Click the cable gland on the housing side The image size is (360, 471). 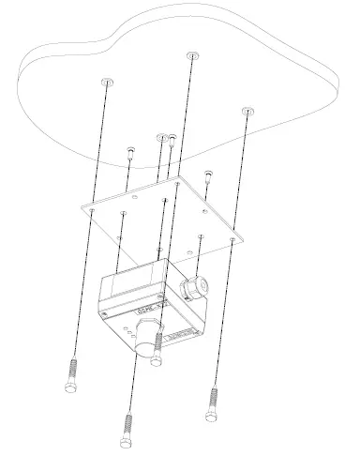coord(196,282)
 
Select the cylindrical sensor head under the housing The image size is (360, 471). coord(147,335)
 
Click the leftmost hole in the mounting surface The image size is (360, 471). coord(106,82)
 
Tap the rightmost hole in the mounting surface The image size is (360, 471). coord(247,111)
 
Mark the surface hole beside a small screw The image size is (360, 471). coord(161,136)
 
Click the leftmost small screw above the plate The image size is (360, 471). coord(130,150)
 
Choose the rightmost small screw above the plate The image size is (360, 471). coord(208,174)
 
